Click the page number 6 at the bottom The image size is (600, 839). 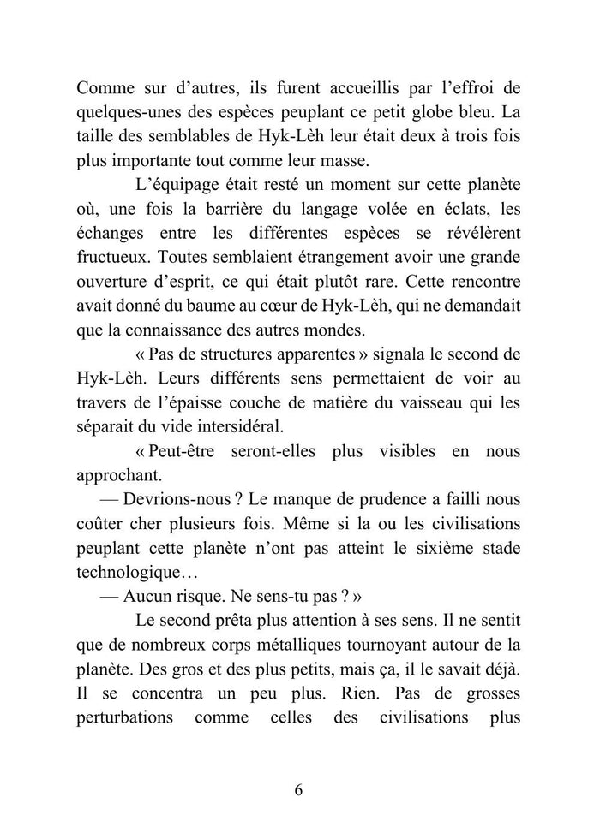pyautogui.click(x=299, y=789)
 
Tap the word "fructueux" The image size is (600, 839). pyautogui.click(x=113, y=256)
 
